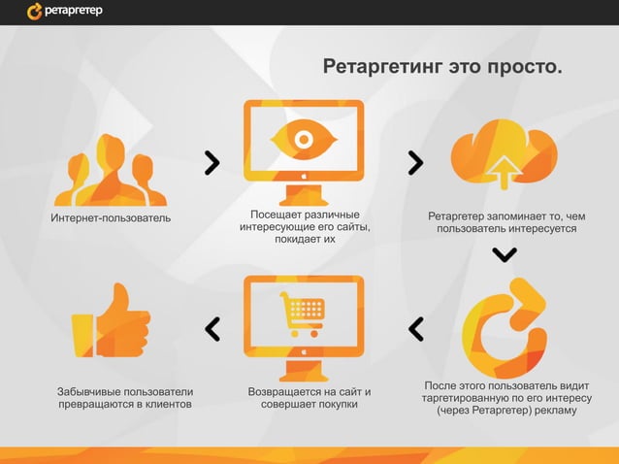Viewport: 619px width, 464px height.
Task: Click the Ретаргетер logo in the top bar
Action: tap(64, 12)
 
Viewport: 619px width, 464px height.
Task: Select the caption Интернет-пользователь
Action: tap(111, 217)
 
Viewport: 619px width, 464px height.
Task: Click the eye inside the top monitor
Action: tap(303, 140)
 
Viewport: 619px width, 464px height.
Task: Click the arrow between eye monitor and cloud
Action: tap(415, 163)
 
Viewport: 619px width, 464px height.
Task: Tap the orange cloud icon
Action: tap(503, 152)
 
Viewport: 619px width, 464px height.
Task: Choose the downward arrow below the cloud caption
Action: tap(505, 254)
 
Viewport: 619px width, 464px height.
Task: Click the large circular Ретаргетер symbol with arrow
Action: tap(505, 324)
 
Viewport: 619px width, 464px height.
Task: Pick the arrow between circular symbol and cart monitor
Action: tap(416, 329)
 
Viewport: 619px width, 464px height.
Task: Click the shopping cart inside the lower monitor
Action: tap(303, 314)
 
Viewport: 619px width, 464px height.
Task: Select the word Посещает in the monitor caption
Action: tap(274, 214)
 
